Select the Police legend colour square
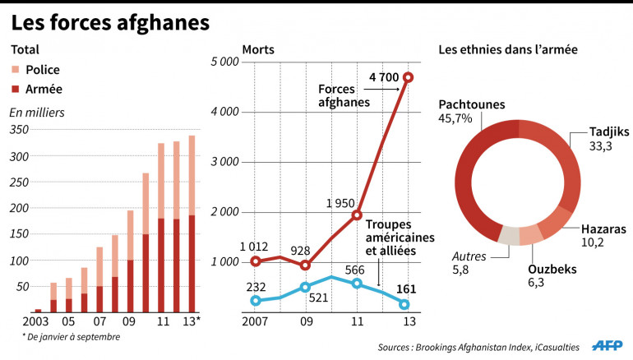click(x=16, y=71)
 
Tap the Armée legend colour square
click(x=16, y=89)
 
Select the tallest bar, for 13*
click(x=192, y=222)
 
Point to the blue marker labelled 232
click(x=255, y=301)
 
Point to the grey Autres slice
click(x=510, y=235)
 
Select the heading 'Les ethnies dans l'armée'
click(x=508, y=49)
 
